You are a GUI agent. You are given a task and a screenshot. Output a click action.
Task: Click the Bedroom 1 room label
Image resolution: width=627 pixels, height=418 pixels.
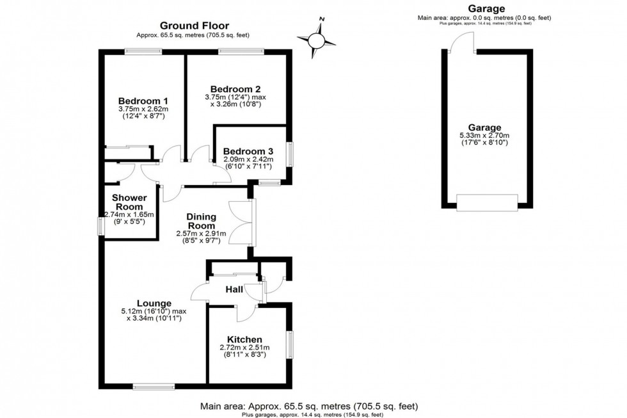pyautogui.click(x=143, y=100)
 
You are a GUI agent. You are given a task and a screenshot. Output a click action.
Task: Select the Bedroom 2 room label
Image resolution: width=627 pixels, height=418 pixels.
pyautogui.click(x=236, y=89)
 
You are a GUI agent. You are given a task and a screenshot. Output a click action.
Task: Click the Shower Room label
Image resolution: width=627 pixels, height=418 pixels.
pyautogui.click(x=129, y=202)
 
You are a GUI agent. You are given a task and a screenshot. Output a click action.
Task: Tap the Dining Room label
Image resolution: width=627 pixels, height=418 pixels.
pyautogui.click(x=202, y=221)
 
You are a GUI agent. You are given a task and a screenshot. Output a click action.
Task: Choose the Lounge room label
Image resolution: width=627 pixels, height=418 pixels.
pyautogui.click(x=154, y=303)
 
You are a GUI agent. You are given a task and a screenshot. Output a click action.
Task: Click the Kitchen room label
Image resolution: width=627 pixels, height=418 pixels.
pyautogui.click(x=245, y=339)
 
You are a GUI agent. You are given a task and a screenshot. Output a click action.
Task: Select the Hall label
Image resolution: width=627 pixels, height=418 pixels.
pyautogui.click(x=235, y=290)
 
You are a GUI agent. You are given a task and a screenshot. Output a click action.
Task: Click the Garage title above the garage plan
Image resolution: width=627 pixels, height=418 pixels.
pyautogui.click(x=486, y=8)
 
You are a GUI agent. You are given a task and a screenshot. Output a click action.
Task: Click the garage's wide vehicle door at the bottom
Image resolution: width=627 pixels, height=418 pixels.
pyautogui.click(x=487, y=203)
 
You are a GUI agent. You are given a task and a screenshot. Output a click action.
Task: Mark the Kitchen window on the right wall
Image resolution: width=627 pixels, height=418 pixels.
pyautogui.click(x=290, y=346)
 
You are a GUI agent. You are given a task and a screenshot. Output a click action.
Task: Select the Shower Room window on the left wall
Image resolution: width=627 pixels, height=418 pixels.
pyautogui.click(x=100, y=226)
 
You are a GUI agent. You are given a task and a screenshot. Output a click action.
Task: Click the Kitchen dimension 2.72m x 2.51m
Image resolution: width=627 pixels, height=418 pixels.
pyautogui.click(x=245, y=351)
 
